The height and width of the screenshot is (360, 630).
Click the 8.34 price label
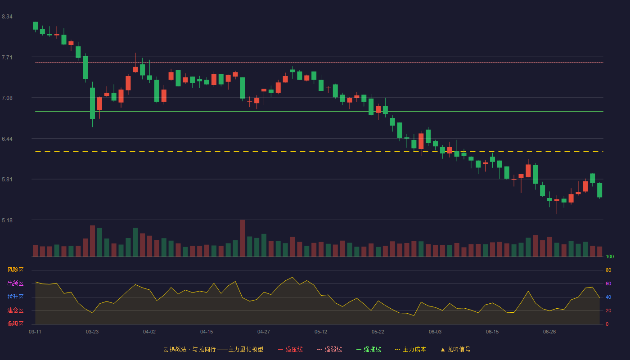(x=7, y=17)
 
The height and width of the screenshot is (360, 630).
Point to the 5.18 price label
(x=7, y=220)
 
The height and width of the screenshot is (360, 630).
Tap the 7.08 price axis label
(x=7, y=98)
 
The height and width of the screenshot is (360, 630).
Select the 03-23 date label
(x=92, y=332)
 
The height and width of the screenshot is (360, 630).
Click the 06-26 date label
(x=549, y=332)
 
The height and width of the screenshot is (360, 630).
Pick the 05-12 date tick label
(x=320, y=332)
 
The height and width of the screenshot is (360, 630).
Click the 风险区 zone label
(x=15, y=270)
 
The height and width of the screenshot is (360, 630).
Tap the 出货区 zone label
(x=15, y=283)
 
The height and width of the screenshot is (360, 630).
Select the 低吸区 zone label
(x=15, y=324)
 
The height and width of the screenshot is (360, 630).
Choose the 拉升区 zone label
(x=15, y=297)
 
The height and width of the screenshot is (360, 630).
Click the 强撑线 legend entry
(x=369, y=349)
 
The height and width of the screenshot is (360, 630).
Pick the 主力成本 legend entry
(x=410, y=349)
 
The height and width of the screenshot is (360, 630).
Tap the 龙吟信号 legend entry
(x=455, y=349)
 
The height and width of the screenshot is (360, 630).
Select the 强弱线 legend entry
(x=329, y=349)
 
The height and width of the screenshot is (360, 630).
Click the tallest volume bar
(x=243, y=238)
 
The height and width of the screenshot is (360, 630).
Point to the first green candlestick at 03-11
(x=35, y=26)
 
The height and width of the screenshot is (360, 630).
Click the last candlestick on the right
(x=599, y=190)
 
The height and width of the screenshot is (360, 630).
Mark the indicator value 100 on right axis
(x=610, y=256)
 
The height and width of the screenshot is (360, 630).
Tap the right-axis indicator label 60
(x=608, y=283)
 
